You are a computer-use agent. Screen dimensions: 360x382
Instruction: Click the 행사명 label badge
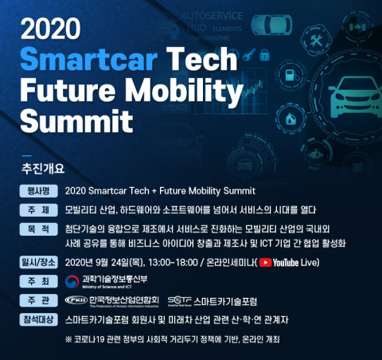tap(39, 191)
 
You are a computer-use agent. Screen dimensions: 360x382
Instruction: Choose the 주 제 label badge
tap(39, 210)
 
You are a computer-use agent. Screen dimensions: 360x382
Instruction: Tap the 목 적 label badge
tap(39, 229)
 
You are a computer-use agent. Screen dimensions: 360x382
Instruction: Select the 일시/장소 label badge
tap(39, 262)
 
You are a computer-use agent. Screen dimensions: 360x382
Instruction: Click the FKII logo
tap(76, 301)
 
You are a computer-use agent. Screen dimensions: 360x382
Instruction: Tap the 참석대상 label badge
tap(39, 319)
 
